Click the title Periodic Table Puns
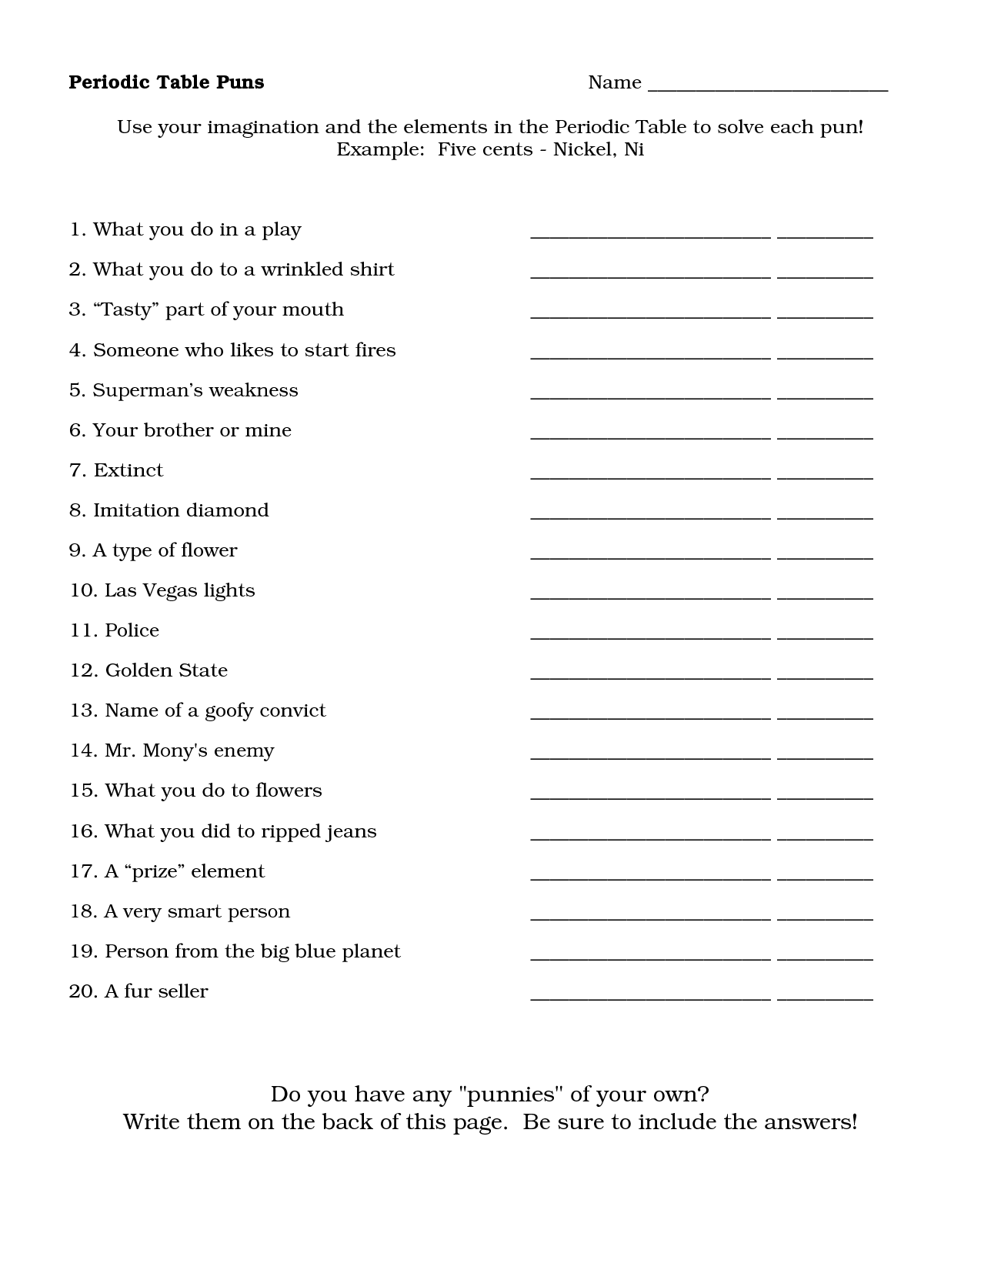point(166,82)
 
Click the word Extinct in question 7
point(128,470)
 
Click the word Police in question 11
point(132,630)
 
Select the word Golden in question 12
point(135,670)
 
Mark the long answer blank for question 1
point(650,236)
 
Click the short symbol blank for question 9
point(825,556)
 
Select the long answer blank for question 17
point(650,877)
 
